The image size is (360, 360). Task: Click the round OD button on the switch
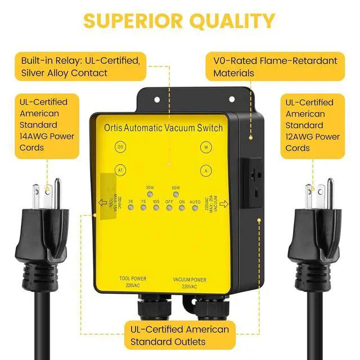120,147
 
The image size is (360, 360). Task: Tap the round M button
205,147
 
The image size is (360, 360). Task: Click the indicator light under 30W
150,194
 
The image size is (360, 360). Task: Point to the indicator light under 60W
175,194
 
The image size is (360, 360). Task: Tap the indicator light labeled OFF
169,208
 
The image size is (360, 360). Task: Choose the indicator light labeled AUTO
195,208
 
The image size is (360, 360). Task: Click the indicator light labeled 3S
130,208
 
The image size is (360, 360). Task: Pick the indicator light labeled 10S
156,208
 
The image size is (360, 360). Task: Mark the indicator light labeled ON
182,208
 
